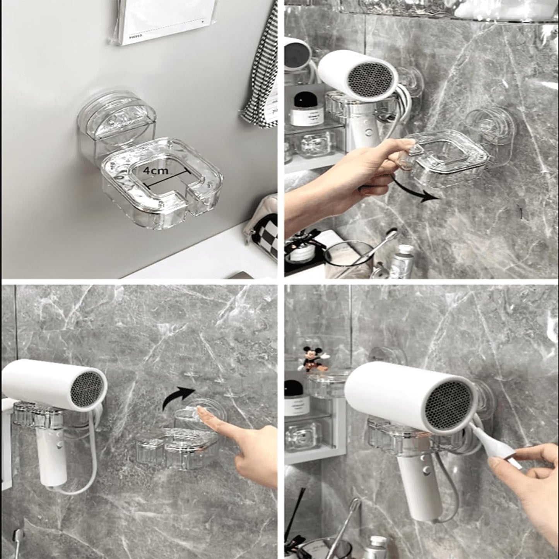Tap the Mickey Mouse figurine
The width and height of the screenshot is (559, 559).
pyautogui.click(x=311, y=358)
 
